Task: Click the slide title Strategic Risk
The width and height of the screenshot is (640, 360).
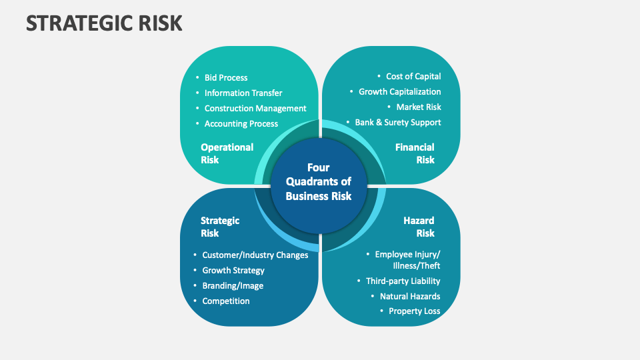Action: pos(103,23)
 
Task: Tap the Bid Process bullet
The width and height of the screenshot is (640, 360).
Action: pos(226,78)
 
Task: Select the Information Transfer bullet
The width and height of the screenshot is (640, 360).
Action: pos(243,93)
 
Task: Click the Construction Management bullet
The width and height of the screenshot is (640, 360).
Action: pos(255,109)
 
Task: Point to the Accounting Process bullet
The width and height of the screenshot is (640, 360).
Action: pos(241,124)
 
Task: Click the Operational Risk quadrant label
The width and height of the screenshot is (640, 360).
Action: pos(227,153)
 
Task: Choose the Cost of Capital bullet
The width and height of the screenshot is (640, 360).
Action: pos(413,77)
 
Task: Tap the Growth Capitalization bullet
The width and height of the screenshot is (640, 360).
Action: pos(399,92)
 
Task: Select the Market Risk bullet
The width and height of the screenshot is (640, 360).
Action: pos(419,107)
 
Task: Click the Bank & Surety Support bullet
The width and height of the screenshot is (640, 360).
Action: pos(397,123)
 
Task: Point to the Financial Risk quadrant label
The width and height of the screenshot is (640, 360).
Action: pos(415,153)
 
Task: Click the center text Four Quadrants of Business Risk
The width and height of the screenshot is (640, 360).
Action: pos(319,182)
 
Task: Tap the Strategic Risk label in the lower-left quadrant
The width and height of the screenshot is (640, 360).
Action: pos(220,227)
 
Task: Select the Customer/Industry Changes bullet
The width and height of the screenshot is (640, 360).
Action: pos(255,255)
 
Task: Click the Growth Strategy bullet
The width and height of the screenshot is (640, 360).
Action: pos(233,271)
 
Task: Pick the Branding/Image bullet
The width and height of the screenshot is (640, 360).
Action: pos(233,286)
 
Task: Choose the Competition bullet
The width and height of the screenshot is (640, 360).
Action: pos(226,301)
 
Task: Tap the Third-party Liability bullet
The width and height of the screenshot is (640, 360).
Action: pos(403,281)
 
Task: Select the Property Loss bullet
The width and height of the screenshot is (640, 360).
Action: pos(414,311)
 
